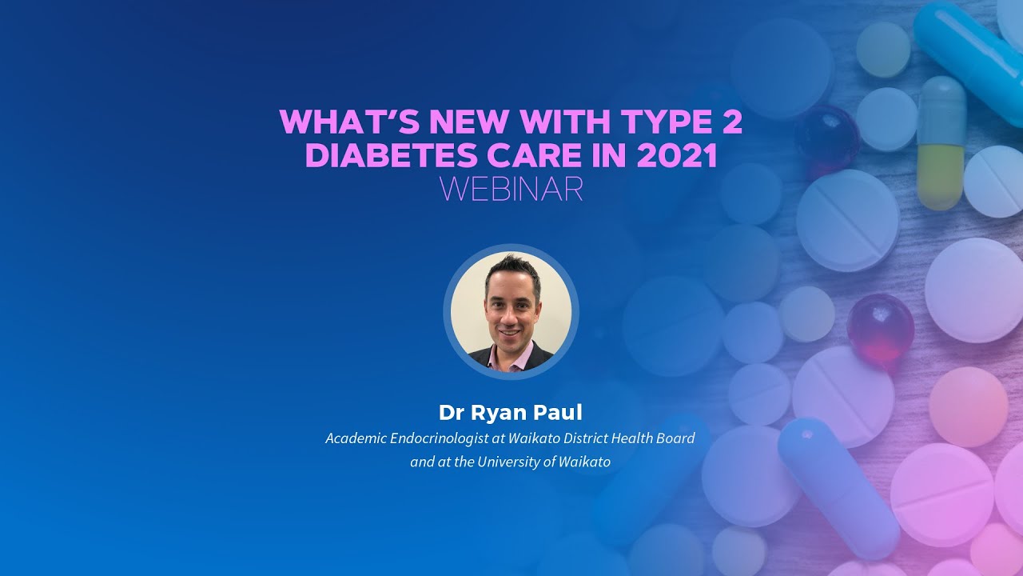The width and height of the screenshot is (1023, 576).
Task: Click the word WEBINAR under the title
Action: (511, 189)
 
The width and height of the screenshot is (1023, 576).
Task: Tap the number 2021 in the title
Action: (678, 155)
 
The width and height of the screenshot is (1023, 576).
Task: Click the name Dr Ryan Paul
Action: (511, 413)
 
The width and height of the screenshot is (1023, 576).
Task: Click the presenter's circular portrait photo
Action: (511, 312)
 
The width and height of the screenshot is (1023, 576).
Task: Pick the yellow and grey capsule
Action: (941, 144)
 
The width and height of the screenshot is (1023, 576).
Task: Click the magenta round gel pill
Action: (880, 330)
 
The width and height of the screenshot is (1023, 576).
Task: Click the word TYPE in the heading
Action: (655, 122)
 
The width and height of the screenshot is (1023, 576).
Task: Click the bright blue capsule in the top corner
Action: (967, 56)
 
